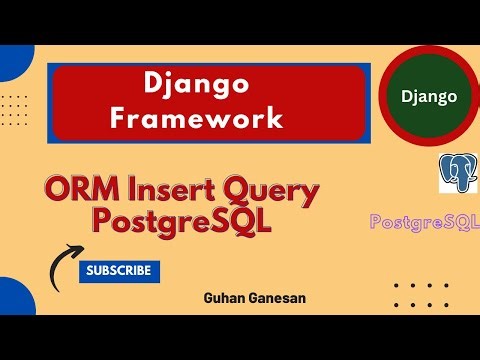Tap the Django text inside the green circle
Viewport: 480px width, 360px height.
point(429,97)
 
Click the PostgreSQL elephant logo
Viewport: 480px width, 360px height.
point(457,173)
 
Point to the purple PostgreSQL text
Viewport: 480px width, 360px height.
point(424,220)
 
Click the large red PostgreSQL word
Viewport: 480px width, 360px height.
point(181,221)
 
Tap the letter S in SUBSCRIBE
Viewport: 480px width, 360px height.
point(91,270)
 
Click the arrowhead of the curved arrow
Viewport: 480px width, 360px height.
point(75,251)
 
